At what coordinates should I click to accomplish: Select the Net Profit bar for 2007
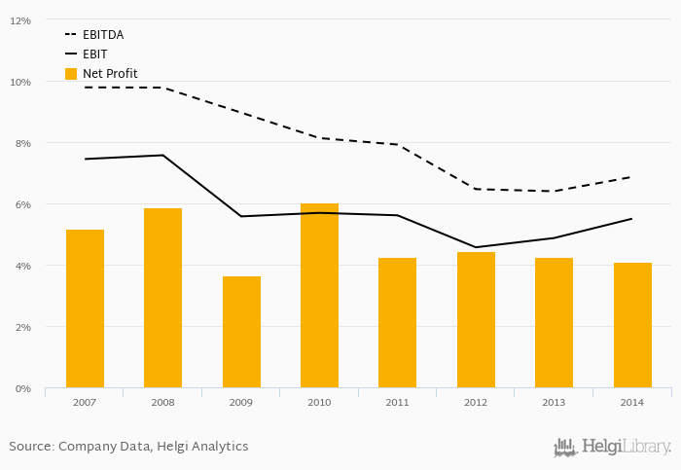85,308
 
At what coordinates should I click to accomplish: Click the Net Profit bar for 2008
162,298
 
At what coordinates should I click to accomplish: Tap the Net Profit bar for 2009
241,332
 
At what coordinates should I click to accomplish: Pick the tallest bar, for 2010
319,296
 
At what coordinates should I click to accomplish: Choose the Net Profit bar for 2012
476,320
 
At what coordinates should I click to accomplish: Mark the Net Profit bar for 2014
632,325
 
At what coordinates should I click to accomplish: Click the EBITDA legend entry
102,35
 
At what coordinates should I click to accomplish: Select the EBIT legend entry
94,54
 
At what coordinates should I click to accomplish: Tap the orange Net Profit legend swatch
71,73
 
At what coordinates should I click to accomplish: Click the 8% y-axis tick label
21,143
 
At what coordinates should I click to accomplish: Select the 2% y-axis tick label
21,327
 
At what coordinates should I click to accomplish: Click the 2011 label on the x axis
397,402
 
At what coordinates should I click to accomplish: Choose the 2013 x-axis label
554,402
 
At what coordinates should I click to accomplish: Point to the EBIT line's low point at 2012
476,247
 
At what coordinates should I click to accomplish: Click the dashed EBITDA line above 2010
319,137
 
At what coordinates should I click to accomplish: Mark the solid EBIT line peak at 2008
162,155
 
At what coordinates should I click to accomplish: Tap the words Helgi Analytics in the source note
206,447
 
